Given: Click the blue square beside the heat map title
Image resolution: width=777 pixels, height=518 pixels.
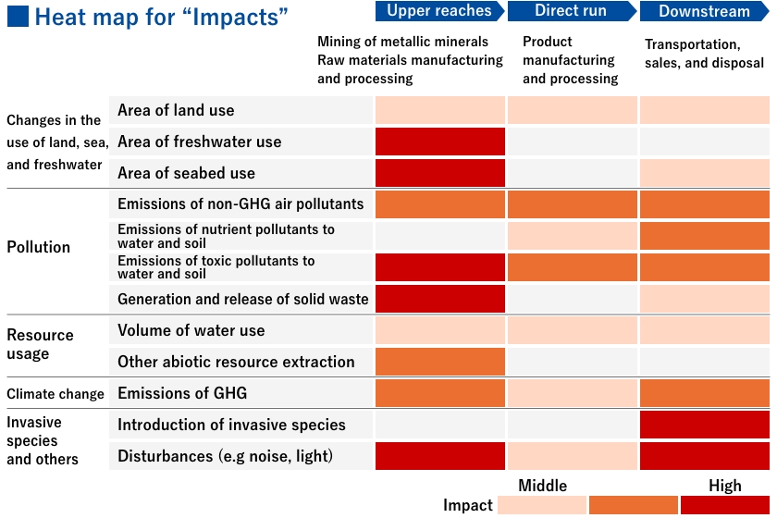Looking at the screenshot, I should (x=18, y=17).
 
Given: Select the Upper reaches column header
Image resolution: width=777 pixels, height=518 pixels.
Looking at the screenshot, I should (x=439, y=11).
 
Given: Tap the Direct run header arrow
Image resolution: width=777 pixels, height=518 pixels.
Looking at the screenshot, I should (x=571, y=11).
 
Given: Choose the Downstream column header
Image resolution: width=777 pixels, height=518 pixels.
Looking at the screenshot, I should (x=704, y=11).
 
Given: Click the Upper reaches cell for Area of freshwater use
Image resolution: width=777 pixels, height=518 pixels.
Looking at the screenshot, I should (x=440, y=142).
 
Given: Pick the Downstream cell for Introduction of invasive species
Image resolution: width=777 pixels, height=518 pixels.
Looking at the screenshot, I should (x=704, y=425).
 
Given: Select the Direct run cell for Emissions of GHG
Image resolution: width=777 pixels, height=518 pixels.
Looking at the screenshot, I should (x=572, y=393).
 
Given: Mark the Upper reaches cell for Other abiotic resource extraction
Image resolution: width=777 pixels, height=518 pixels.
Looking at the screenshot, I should (x=440, y=362).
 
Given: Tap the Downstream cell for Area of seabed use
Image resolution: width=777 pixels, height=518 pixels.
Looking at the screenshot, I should (x=704, y=173).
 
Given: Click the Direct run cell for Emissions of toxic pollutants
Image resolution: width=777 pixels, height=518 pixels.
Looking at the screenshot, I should (x=572, y=267).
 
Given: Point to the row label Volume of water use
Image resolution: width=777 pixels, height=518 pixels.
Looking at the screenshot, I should (x=191, y=330).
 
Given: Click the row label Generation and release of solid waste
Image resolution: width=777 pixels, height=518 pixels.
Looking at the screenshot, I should (x=242, y=299).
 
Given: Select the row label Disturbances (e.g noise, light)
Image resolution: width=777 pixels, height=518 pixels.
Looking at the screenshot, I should (x=225, y=456).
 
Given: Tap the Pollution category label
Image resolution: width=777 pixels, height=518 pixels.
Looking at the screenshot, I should (x=39, y=247).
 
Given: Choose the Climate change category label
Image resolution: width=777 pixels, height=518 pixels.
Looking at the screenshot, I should (x=55, y=394).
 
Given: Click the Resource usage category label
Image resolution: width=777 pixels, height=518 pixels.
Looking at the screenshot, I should (x=40, y=344).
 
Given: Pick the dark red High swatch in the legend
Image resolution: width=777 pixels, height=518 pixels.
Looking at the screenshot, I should (x=725, y=505).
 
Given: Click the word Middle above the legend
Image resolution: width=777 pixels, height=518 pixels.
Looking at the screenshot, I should (x=543, y=486).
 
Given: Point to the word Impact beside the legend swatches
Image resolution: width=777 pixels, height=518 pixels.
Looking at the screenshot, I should (x=468, y=505).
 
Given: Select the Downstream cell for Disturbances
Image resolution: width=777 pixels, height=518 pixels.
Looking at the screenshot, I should (x=704, y=456).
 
